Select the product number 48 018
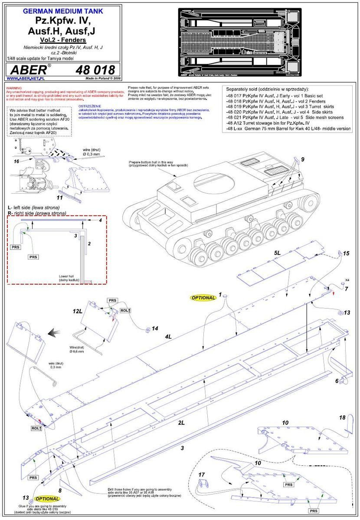click(x=95, y=70)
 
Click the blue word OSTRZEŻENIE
click(x=90, y=106)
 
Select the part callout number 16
click(x=16, y=160)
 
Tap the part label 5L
click(x=278, y=252)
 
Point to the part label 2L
click(x=180, y=422)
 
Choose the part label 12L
click(x=78, y=312)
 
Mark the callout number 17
click(x=201, y=474)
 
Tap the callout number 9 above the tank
click(x=303, y=159)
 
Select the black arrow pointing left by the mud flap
click(x=54, y=332)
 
